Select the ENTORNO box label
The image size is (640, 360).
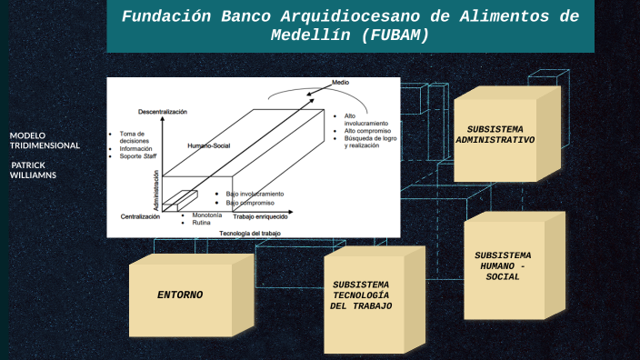[x=180, y=295]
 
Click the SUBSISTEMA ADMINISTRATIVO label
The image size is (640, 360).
[x=495, y=134]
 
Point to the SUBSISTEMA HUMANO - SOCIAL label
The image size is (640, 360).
[x=503, y=265]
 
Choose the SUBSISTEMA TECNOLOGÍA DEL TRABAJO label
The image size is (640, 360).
[x=361, y=295]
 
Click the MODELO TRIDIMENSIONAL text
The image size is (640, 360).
[x=45, y=140]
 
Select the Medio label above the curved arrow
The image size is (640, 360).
[x=340, y=82]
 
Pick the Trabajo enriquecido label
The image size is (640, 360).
[x=260, y=217]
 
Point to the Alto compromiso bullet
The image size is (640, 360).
[x=366, y=131]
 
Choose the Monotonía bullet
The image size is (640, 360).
[x=206, y=215]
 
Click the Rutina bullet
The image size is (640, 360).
[x=201, y=222]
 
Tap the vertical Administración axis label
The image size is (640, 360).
[x=156, y=192]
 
